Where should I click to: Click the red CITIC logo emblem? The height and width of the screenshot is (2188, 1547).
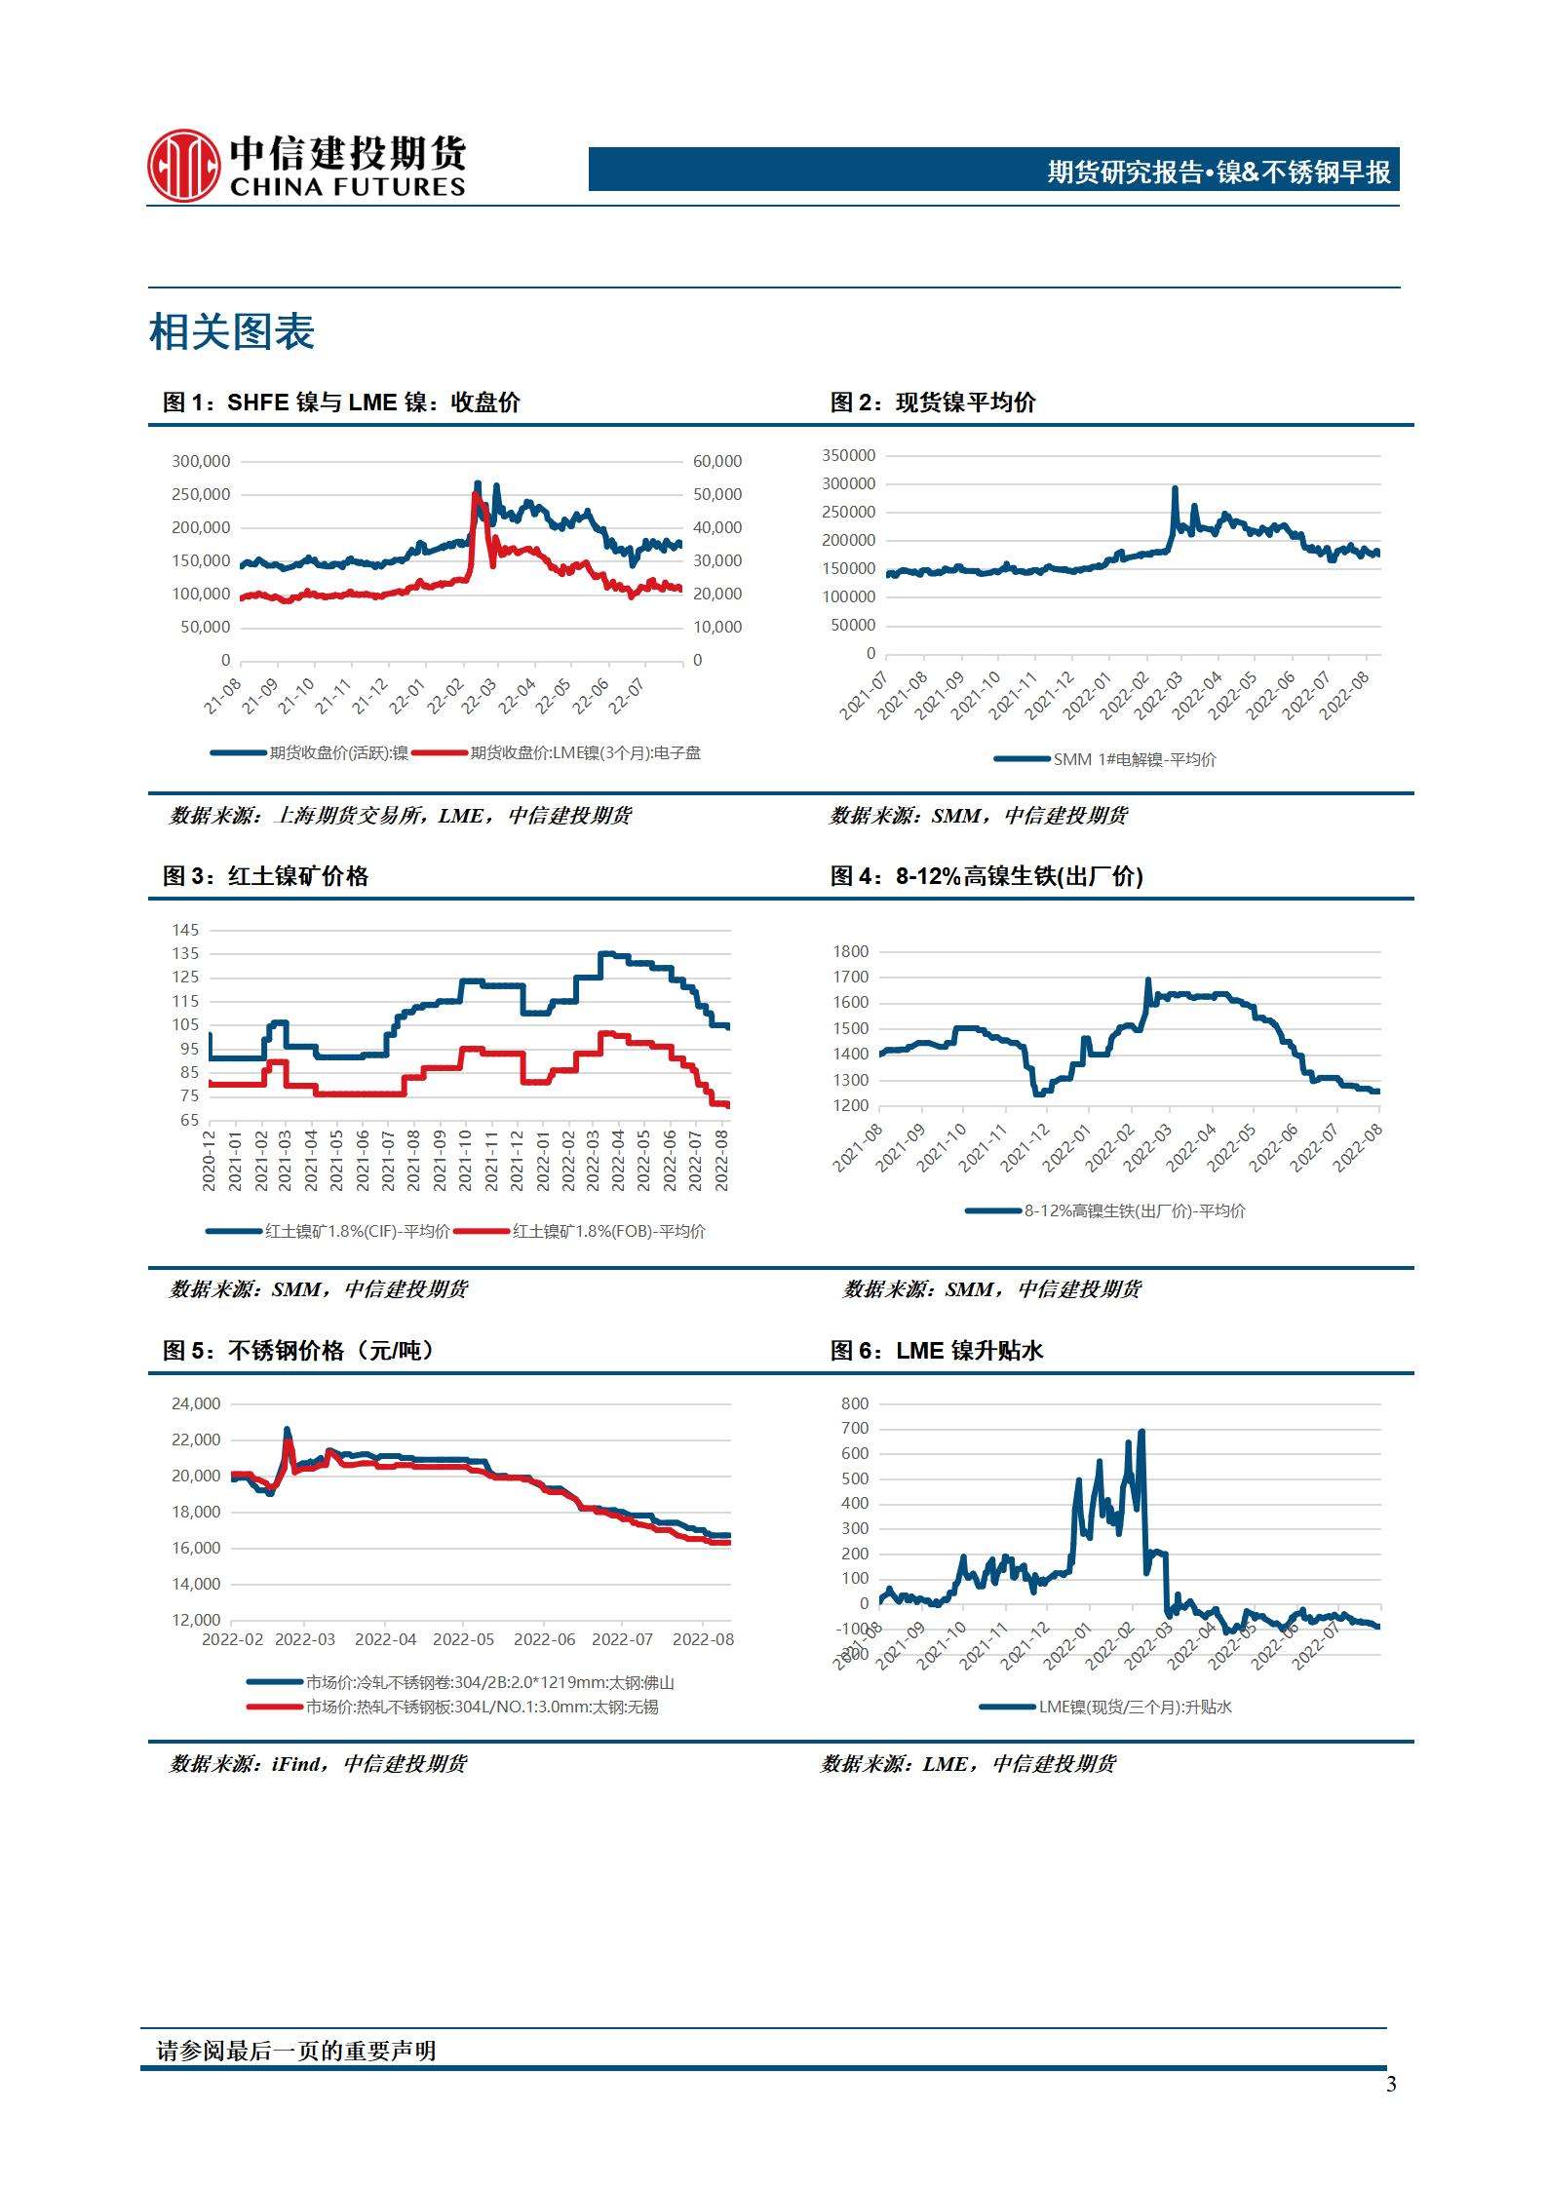[x=183, y=166]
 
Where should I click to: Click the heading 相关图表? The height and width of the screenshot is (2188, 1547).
[x=232, y=332]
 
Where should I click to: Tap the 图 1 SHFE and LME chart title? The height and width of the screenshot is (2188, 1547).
[x=341, y=403]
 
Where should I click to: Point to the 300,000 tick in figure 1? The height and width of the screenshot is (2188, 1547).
[x=201, y=461]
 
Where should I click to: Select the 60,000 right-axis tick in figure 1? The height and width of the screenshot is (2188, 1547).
[x=717, y=461]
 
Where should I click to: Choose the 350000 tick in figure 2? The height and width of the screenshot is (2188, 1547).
[x=849, y=455]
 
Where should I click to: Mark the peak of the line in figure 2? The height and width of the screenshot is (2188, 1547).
[x=1175, y=488]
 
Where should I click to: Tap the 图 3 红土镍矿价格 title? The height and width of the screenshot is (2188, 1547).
[x=265, y=876]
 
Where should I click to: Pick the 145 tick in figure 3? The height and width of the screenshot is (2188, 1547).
[x=186, y=930]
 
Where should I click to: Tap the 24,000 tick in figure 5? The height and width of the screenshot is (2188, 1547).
[x=196, y=1403]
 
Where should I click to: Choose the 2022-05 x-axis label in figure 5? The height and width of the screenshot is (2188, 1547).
[x=464, y=1639]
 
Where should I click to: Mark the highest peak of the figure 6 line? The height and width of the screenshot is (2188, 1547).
[x=1141, y=1431]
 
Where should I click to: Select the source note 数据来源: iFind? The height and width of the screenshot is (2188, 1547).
[x=318, y=1763]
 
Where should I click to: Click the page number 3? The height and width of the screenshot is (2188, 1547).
[x=1391, y=2084]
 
